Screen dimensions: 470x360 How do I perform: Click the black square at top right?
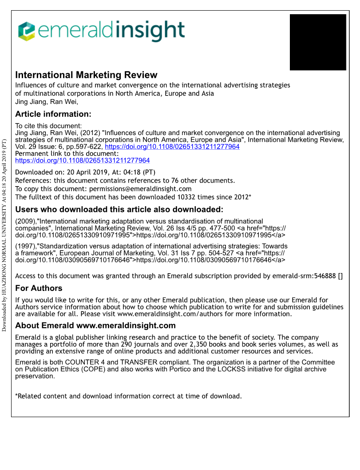click(x=317, y=42)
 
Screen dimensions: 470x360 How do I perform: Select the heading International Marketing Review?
click(x=86, y=75)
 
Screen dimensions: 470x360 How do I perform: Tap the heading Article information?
click(x=53, y=114)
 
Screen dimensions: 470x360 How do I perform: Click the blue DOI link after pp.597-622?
click(x=172, y=147)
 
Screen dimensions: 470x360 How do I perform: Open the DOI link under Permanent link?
click(x=83, y=160)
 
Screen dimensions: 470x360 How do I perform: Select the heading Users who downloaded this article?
click(x=119, y=210)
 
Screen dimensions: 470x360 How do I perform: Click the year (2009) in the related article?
click(x=26, y=221)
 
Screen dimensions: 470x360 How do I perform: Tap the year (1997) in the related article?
click(x=26, y=246)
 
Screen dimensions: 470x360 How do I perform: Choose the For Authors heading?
click(x=39, y=288)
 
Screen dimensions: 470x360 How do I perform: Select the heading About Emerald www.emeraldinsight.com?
click(x=95, y=326)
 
